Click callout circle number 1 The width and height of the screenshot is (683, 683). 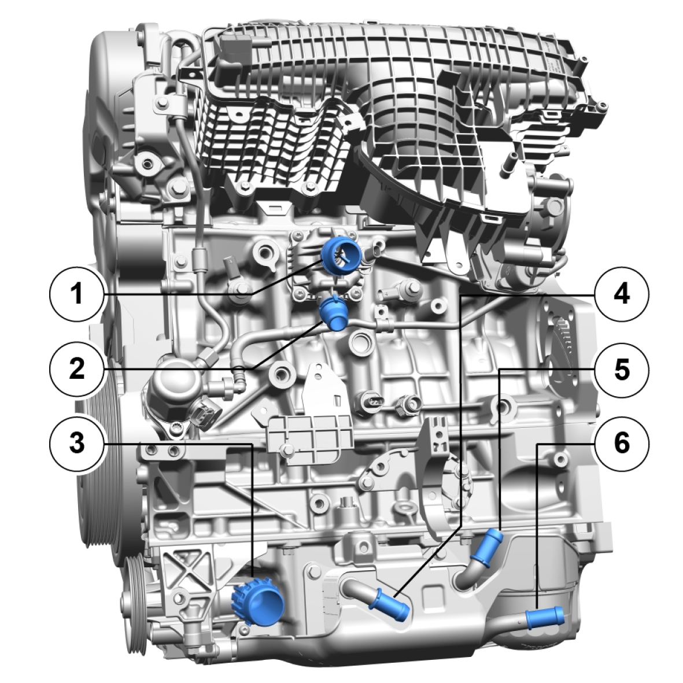pos(77,294)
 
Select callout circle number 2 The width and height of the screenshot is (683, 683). pos(77,368)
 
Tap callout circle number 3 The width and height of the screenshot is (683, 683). pos(77,443)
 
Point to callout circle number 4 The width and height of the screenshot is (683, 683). pos(622,294)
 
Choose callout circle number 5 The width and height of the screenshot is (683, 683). pos(622,368)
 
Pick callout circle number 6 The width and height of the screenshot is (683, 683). pos(622,443)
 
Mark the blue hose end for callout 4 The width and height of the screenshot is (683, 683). pos(389,605)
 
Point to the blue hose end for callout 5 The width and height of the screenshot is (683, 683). pos(488,546)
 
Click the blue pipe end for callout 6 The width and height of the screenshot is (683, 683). pos(545,618)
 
